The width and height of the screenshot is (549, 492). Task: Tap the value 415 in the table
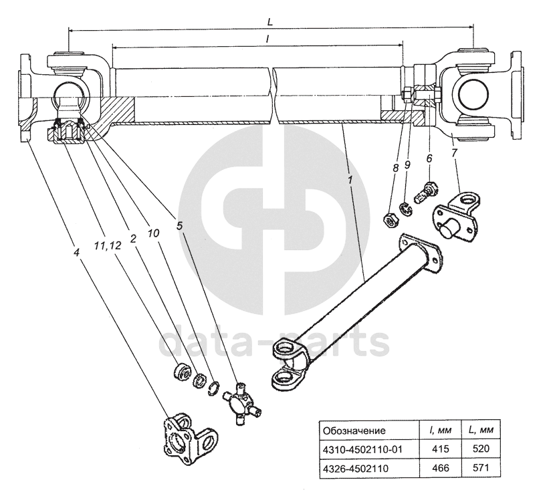(440, 449)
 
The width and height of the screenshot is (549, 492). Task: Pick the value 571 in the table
(480, 467)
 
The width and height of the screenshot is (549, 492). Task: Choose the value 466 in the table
(440, 467)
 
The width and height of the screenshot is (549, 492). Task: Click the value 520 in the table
(480, 449)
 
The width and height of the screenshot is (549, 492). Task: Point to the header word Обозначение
(354, 430)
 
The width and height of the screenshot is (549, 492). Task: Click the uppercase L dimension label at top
(270, 21)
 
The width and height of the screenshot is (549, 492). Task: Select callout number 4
(77, 251)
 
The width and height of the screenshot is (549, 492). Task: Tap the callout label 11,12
(108, 245)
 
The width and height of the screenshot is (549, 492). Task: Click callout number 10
(153, 233)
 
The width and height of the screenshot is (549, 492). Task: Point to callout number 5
(180, 226)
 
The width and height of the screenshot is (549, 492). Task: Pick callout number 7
(454, 154)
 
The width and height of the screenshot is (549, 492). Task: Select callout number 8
(396, 168)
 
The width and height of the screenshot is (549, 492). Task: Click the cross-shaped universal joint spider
(242, 404)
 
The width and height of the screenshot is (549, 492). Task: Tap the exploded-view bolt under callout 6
(426, 192)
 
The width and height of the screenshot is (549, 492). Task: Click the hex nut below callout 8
(389, 220)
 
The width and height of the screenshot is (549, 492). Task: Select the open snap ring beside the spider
(213, 387)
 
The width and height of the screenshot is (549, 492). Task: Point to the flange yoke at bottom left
(190, 439)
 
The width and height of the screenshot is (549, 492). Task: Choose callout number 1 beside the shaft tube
(350, 180)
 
